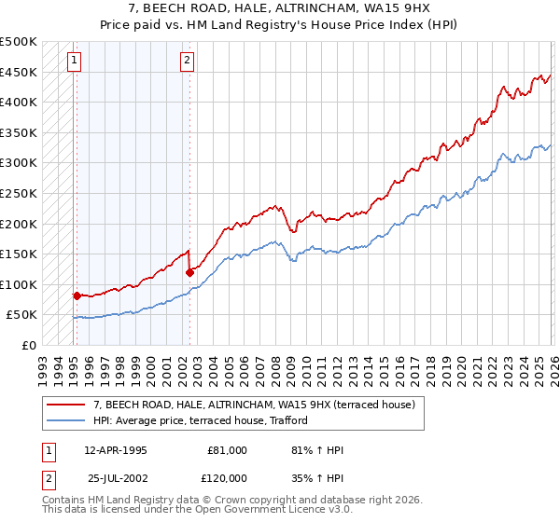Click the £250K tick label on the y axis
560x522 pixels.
[x=18, y=193]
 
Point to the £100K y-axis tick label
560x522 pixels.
[x=18, y=284]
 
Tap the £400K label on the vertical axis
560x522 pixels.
[x=18, y=102]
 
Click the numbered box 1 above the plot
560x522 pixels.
[x=75, y=61]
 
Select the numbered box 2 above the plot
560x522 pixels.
[x=188, y=61]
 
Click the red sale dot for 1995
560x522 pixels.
[x=77, y=295]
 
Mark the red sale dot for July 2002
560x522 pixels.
[x=189, y=272]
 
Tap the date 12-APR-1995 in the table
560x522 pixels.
[x=116, y=450]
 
